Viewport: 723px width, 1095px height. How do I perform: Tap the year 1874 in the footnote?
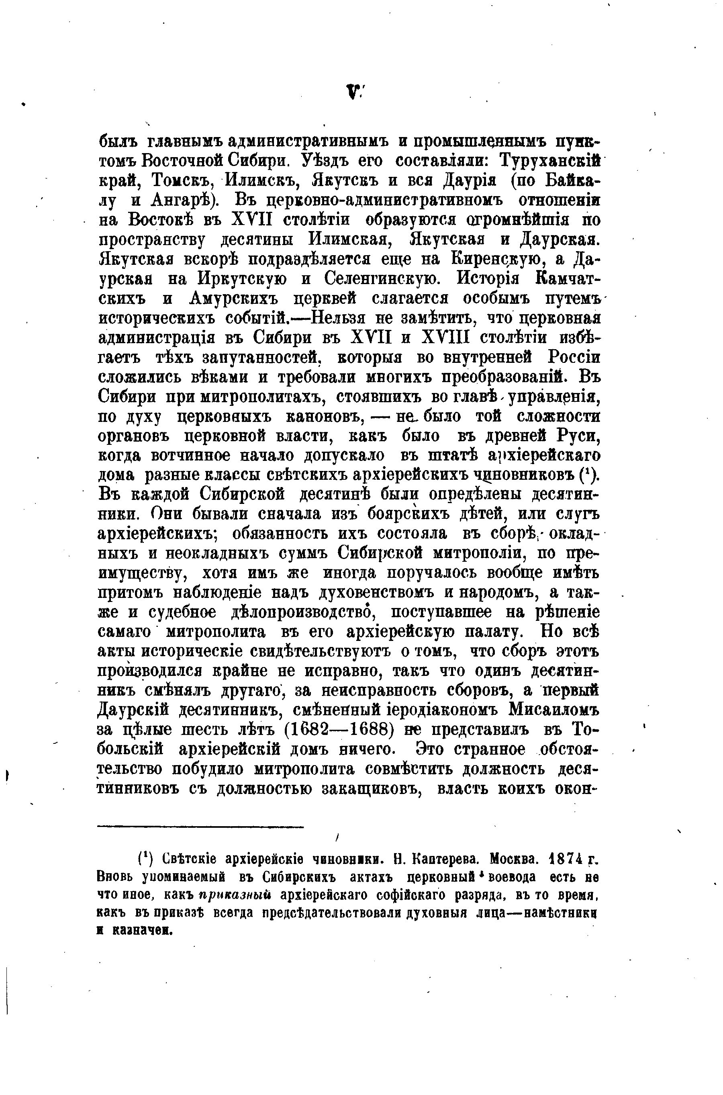click(569, 860)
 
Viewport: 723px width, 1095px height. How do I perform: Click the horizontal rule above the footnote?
click(200, 827)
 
